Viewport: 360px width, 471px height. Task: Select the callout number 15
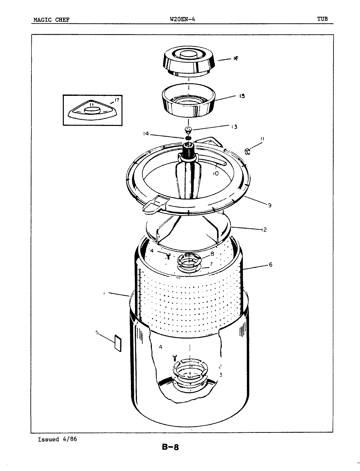(x=242, y=96)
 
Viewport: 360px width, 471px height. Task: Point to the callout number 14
(x=146, y=133)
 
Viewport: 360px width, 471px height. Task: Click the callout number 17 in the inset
(x=117, y=100)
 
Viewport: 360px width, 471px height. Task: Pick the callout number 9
(x=269, y=205)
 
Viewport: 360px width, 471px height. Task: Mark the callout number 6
(x=271, y=265)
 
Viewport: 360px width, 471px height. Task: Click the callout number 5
(x=97, y=333)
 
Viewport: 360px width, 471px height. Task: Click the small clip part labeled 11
(x=248, y=151)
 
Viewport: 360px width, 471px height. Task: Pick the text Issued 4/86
(x=57, y=439)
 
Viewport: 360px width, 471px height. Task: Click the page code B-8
(x=171, y=447)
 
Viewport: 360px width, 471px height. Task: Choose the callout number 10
(x=215, y=174)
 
